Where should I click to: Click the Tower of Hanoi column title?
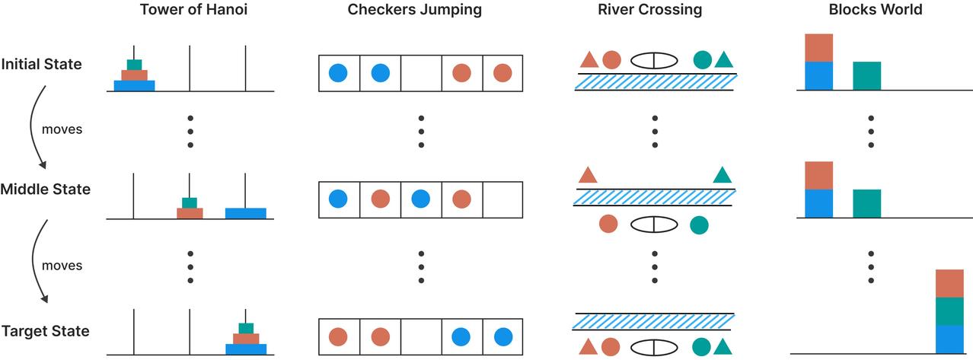pyautogui.click(x=190, y=10)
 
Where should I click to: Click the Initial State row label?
pyautogui.click(x=41, y=64)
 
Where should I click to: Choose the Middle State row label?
pyautogui.click(x=46, y=190)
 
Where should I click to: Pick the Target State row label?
pyautogui.click(x=45, y=331)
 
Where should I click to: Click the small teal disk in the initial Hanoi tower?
pyautogui.click(x=134, y=65)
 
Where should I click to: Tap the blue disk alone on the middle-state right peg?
pyautogui.click(x=246, y=213)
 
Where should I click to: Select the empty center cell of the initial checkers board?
pyautogui.click(x=420, y=73)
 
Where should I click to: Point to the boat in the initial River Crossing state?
pyautogui.click(x=654, y=59)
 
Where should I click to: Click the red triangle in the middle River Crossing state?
pyautogui.click(x=588, y=176)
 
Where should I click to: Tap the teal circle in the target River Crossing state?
pyautogui.click(x=702, y=346)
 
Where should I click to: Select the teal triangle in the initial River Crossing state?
pyautogui.click(x=723, y=59)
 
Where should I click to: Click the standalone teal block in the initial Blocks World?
pyautogui.click(x=866, y=76)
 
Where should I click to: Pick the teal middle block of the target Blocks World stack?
pyautogui.click(x=949, y=311)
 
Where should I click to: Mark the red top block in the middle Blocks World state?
pyautogui.click(x=818, y=175)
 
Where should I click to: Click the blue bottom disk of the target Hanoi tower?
pyautogui.click(x=246, y=350)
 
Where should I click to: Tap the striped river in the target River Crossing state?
pyautogui.click(x=654, y=322)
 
